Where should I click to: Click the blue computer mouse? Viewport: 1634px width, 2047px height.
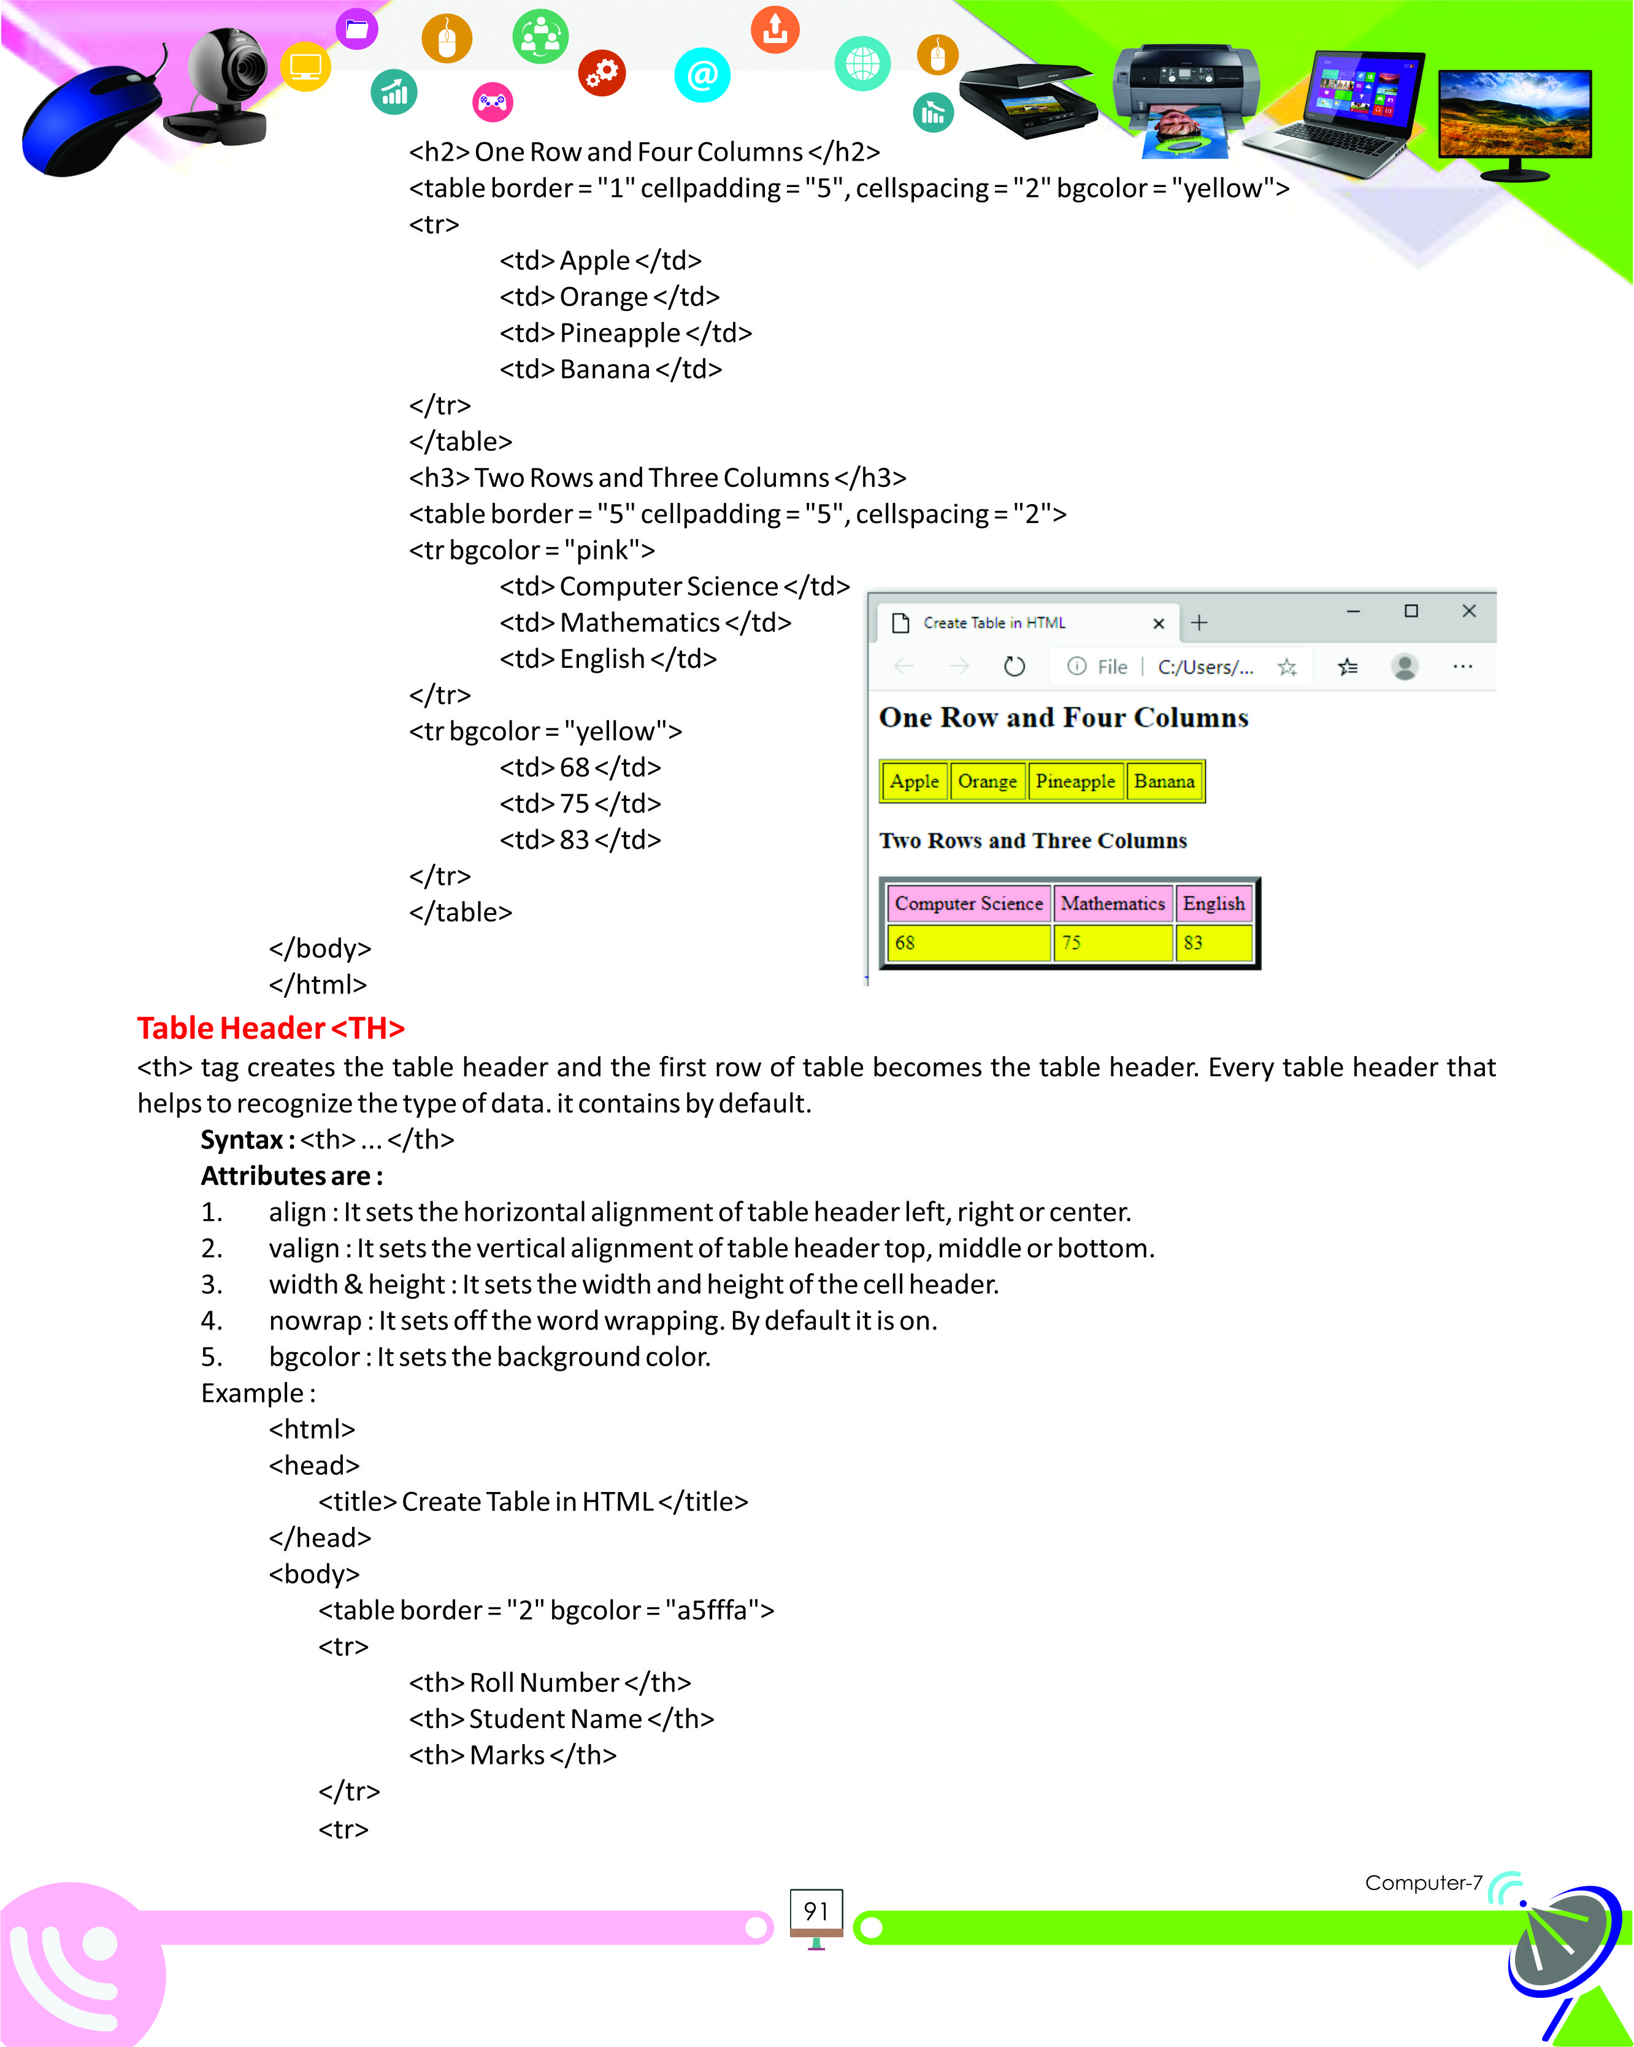point(90,121)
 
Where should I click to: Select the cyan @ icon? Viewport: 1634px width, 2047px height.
point(702,74)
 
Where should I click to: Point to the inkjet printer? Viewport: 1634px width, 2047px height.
point(1187,95)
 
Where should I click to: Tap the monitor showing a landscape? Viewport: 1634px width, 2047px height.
point(1514,116)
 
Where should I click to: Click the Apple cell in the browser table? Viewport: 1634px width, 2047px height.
point(913,781)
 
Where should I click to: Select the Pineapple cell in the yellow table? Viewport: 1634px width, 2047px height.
point(1075,781)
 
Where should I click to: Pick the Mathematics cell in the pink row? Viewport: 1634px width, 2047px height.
point(1112,903)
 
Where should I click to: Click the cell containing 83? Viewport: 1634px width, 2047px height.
point(1213,943)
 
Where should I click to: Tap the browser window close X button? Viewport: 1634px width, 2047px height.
point(1469,611)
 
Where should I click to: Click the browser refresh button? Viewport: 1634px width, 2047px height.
point(1014,667)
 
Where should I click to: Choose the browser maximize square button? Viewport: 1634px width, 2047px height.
point(1411,611)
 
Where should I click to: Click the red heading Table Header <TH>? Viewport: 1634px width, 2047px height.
point(270,1028)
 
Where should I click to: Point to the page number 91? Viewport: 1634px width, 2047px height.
point(816,1910)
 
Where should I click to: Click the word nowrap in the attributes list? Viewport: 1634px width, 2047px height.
point(314,1321)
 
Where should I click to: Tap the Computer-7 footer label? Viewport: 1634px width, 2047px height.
point(1422,1883)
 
